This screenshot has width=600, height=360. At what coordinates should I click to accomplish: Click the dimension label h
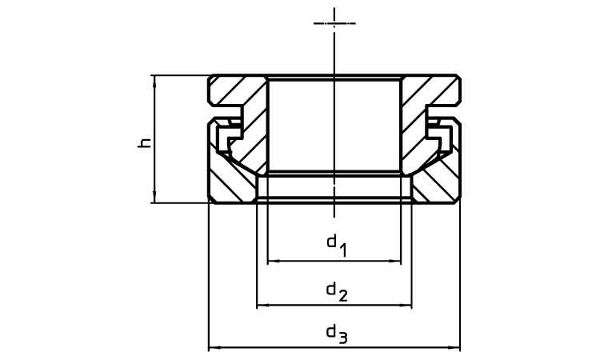(145, 142)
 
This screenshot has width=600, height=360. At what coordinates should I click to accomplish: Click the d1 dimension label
(337, 246)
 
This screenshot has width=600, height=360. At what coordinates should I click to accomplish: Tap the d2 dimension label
(337, 291)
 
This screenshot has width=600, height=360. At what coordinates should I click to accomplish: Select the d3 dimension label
(337, 334)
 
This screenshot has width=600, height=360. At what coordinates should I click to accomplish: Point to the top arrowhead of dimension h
(154, 78)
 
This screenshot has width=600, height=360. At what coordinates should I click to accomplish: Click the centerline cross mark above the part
(334, 23)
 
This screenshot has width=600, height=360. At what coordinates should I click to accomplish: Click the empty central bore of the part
(334, 124)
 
